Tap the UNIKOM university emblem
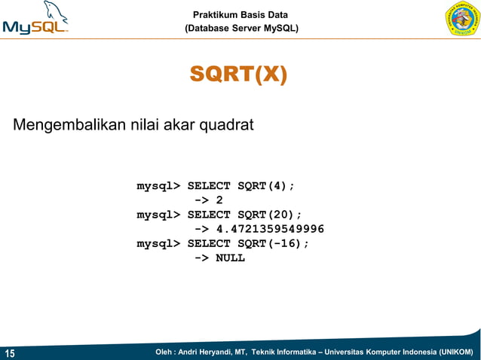point(462,21)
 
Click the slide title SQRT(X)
point(238,75)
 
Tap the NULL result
point(230,258)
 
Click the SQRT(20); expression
point(269,214)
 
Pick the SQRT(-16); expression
point(273,243)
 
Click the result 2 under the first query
point(219,200)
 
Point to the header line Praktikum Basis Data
point(240,15)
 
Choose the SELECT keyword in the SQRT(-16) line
point(209,243)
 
